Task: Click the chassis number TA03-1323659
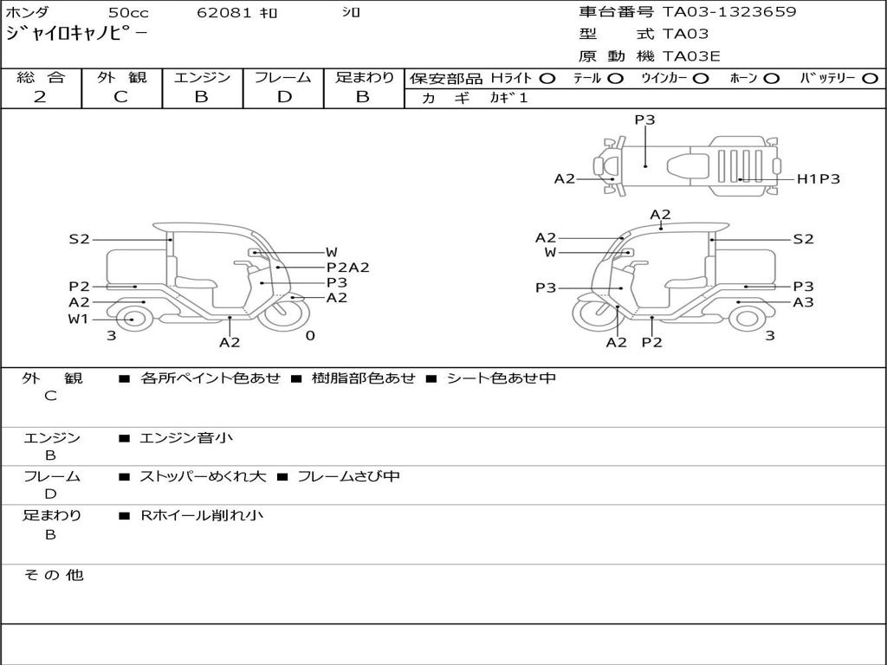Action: pyautogui.click(x=729, y=12)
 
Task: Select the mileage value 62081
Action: pyautogui.click(x=224, y=13)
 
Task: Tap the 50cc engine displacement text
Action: pyautogui.click(x=128, y=13)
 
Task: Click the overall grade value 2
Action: pyautogui.click(x=40, y=97)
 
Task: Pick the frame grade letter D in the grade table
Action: pyautogui.click(x=284, y=97)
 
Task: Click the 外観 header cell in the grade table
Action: pyautogui.click(x=121, y=78)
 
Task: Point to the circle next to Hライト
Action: pyautogui.click(x=547, y=79)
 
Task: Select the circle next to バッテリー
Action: pyautogui.click(x=870, y=79)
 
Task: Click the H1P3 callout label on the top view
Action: pyautogui.click(x=818, y=179)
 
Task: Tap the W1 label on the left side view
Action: pyautogui.click(x=79, y=319)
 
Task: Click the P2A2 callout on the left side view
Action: pyautogui.click(x=347, y=268)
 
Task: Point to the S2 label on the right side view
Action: pyautogui.click(x=803, y=239)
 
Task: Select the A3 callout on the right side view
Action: pyautogui.click(x=803, y=302)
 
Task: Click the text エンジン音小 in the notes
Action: pyautogui.click(x=186, y=438)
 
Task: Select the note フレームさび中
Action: pyautogui.click(x=348, y=476)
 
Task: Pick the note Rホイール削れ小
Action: pyautogui.click(x=202, y=515)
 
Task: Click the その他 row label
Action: pyautogui.click(x=54, y=575)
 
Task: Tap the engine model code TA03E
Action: pyautogui.click(x=691, y=56)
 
